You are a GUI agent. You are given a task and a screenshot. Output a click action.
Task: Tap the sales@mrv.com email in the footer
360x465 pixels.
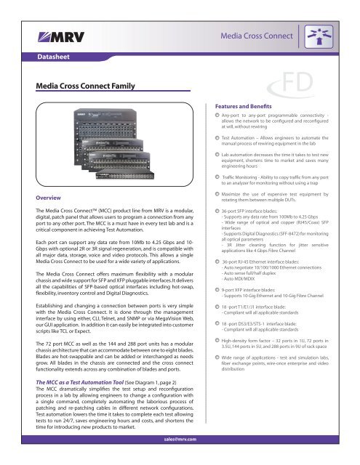tap(180, 458)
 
